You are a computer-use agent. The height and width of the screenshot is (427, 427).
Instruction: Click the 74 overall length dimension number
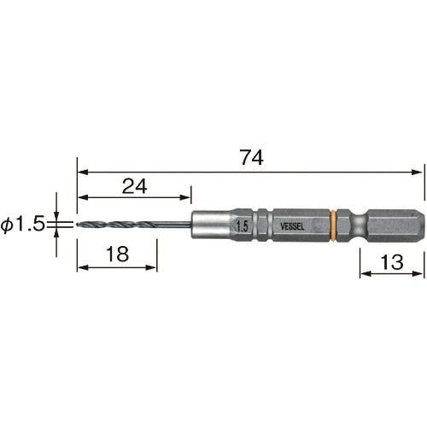tap(252, 157)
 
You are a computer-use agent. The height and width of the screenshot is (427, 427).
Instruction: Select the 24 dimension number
tap(134, 186)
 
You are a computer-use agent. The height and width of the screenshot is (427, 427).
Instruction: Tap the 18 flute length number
tap(117, 254)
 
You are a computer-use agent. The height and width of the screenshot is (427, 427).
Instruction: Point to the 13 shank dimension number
tap(392, 262)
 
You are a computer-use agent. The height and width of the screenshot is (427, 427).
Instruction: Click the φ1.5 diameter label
tap(23, 224)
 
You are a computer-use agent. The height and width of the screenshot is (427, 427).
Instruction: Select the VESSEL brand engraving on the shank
tap(292, 226)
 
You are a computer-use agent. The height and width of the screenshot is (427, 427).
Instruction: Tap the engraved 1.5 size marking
tap(243, 227)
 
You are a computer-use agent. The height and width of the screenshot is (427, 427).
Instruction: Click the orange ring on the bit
tap(333, 225)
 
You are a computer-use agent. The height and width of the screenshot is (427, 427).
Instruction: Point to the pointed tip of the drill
tap(78, 225)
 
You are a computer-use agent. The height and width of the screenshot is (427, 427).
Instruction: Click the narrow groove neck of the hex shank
tap(359, 225)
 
